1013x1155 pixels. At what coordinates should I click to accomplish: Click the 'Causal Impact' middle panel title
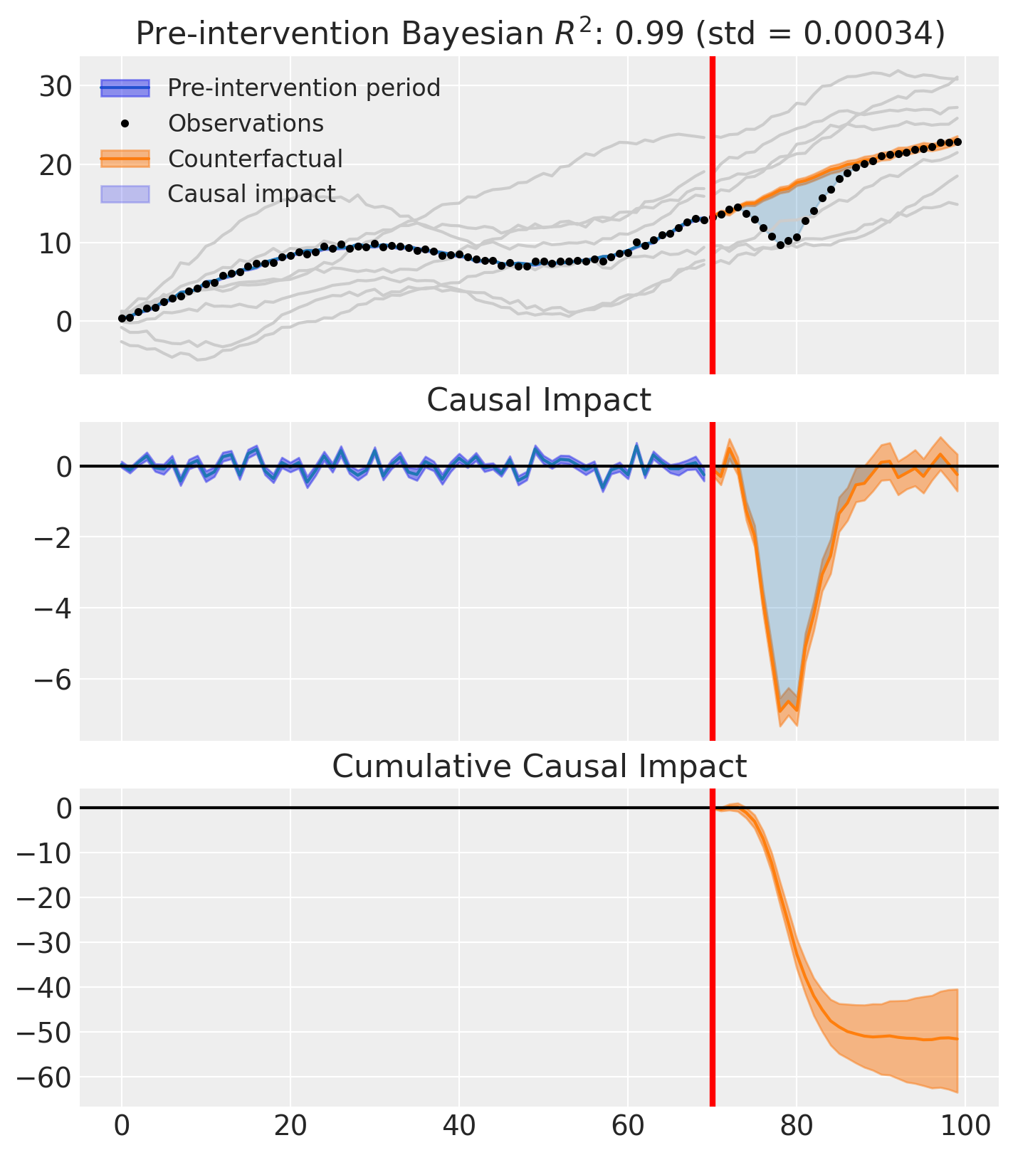pyautogui.click(x=538, y=400)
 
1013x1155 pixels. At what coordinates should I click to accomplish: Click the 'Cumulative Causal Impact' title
pyautogui.click(x=539, y=766)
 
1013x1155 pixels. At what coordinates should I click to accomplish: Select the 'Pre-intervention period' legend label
pyautogui.click(x=304, y=88)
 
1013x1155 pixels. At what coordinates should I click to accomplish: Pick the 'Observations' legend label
pyautogui.click(x=246, y=124)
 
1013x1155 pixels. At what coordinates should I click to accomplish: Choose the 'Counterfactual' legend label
pyautogui.click(x=255, y=159)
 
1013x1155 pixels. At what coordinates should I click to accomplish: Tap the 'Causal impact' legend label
pyautogui.click(x=251, y=194)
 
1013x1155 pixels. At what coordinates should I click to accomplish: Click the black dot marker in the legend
pyautogui.click(x=125, y=124)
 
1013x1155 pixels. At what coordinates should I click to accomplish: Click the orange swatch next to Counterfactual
pyautogui.click(x=125, y=159)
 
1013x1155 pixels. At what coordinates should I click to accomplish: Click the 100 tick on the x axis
pyautogui.click(x=965, y=1128)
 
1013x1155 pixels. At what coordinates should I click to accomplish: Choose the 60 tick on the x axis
pyautogui.click(x=628, y=1128)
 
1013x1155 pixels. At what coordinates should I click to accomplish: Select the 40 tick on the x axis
pyautogui.click(x=459, y=1128)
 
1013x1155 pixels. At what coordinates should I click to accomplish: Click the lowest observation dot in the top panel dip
pyautogui.click(x=780, y=245)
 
